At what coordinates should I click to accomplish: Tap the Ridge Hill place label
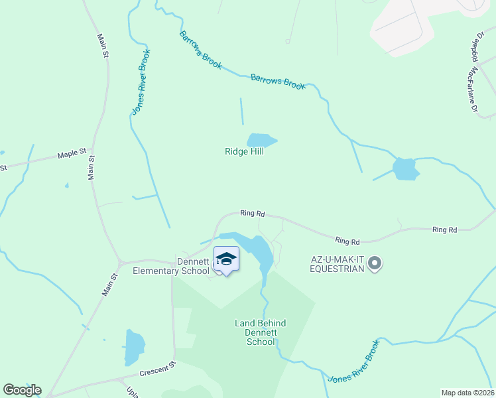(x=244, y=152)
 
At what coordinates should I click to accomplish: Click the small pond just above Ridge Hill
(x=261, y=140)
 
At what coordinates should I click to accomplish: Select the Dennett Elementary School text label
(x=171, y=266)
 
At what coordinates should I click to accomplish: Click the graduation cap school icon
(x=226, y=259)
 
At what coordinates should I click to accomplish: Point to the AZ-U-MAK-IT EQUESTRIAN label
(x=337, y=264)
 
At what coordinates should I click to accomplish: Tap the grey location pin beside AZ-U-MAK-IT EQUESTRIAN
(x=375, y=264)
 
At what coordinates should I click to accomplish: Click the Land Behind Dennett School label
(x=261, y=332)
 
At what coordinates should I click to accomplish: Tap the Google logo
(x=22, y=390)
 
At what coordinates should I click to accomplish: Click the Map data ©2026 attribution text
(x=467, y=393)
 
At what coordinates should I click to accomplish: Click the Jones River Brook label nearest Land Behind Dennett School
(x=355, y=360)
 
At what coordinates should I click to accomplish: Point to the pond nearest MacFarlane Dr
(x=405, y=168)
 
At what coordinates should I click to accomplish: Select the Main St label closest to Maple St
(x=92, y=168)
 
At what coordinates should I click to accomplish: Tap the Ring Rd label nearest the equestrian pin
(x=347, y=241)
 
